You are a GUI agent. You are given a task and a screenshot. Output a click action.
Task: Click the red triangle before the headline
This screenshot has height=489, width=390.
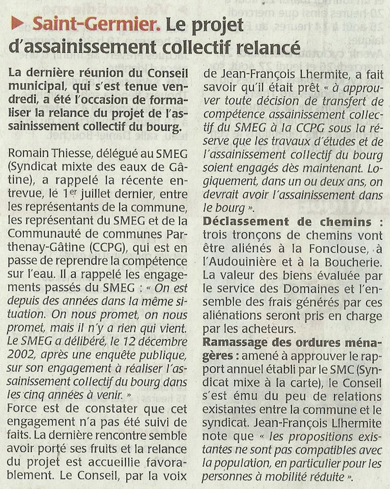[x=19, y=26]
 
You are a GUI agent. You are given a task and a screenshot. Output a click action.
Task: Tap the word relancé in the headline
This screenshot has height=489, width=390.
[x=269, y=48]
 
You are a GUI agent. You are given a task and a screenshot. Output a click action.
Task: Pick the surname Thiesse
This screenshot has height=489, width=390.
[x=74, y=153]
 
